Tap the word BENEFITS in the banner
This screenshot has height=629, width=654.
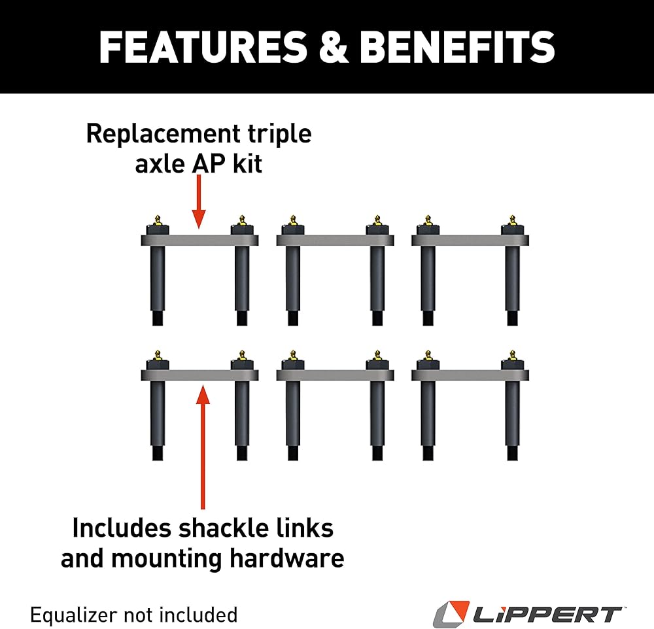coord(457,46)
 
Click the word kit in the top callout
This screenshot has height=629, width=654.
coord(246,163)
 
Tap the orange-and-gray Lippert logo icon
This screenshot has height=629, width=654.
coord(450,615)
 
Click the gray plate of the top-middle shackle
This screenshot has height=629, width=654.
coord(335,241)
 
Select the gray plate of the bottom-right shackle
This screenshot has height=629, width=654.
coord(470,375)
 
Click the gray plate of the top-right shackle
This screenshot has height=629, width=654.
coord(470,241)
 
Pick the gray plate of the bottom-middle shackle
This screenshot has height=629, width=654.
coord(335,375)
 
